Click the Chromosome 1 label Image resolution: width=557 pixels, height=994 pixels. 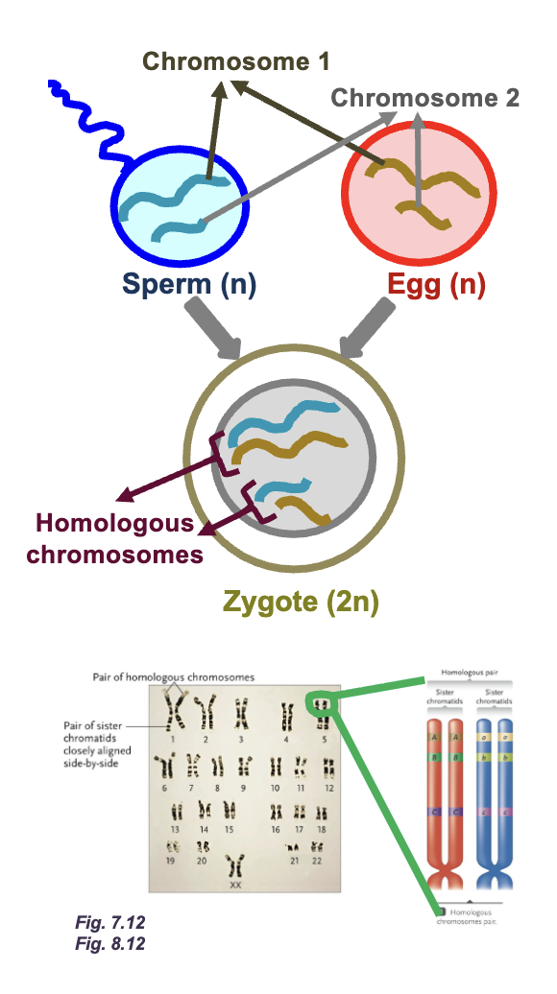coord(236,62)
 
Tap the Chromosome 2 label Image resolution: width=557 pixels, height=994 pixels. coord(425,98)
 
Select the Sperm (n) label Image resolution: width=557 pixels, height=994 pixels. coord(189,285)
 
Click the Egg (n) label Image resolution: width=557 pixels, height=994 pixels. coord(436,285)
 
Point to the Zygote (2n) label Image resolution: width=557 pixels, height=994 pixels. coord(301,603)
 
